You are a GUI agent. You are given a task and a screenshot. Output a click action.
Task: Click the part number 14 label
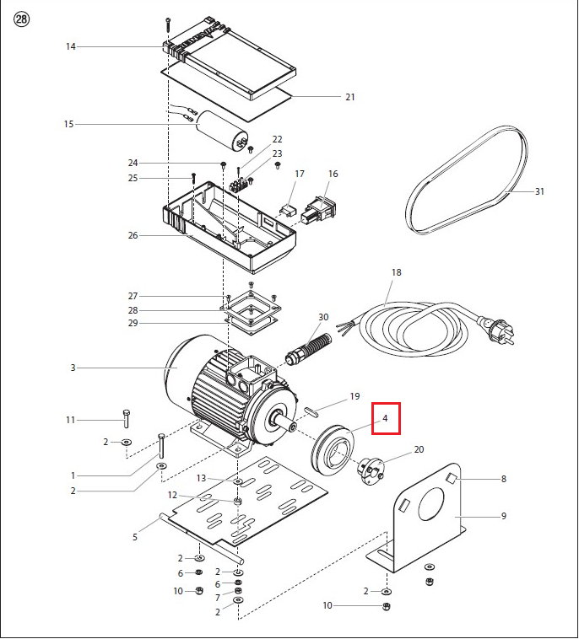coord(71,46)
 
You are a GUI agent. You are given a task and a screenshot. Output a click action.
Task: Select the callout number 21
coord(349,97)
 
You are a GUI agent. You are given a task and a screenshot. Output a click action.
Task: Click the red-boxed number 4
coord(385,418)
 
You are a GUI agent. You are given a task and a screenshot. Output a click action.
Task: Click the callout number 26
coord(133,235)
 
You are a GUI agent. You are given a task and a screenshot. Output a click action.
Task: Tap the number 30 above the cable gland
coord(323,317)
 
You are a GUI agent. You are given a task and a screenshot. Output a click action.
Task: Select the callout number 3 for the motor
coord(73,368)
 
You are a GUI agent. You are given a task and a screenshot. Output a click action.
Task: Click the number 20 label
coord(419,450)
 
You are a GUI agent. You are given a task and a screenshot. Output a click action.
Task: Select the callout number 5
coord(134,536)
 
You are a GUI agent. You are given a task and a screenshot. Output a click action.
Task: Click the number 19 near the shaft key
coord(354,396)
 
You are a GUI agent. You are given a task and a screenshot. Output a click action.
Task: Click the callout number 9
coord(503,516)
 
